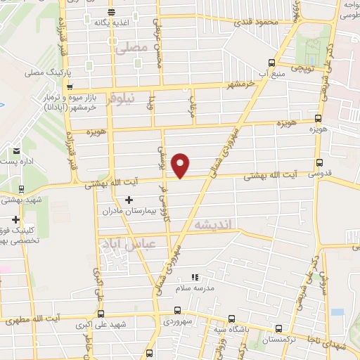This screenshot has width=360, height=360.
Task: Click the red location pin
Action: tap(181, 165)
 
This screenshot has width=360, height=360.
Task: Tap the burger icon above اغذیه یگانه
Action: tap(112, 12)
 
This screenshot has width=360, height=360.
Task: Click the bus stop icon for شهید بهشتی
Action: tap(22, 188)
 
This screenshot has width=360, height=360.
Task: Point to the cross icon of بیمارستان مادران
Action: tap(128, 200)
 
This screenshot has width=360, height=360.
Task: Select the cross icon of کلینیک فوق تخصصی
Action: tap(15, 220)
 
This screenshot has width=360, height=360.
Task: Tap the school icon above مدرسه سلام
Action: tap(195, 277)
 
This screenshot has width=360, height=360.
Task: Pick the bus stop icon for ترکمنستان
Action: tap(280, 328)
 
